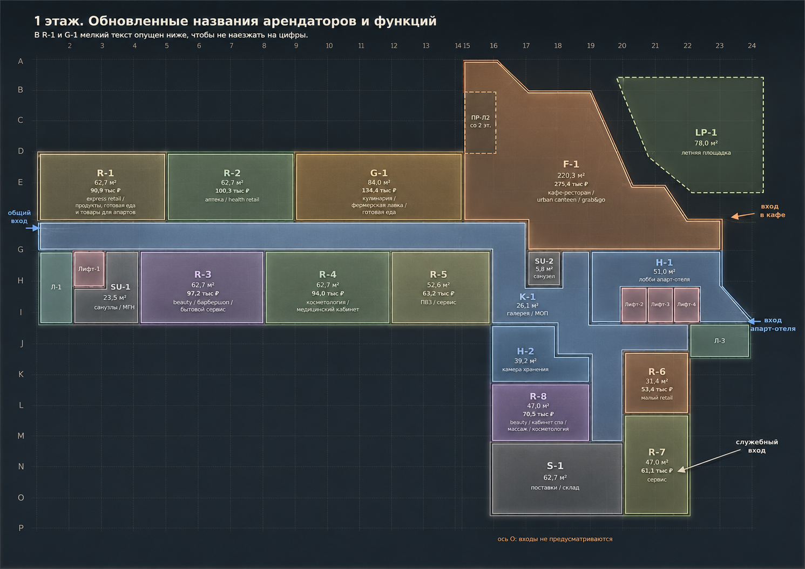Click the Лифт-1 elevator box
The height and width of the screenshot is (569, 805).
[x=89, y=269]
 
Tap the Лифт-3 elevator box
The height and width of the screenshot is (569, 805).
[x=660, y=305]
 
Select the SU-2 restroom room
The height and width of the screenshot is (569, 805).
[x=544, y=269]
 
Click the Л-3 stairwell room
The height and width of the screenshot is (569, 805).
[x=720, y=341]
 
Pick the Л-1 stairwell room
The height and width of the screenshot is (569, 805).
[x=56, y=287]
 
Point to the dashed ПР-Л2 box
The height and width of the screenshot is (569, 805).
[x=480, y=122]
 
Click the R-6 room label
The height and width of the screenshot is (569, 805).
[x=657, y=372]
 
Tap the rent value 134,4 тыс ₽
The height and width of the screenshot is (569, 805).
[x=379, y=190]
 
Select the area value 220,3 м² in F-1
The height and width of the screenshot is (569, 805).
[x=571, y=175]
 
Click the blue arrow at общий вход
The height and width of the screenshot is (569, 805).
[x=33, y=228]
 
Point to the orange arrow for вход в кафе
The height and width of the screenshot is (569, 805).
[x=743, y=216]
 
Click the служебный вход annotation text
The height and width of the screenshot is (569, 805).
[x=756, y=446]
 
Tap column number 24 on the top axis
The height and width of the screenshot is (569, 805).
[x=752, y=46]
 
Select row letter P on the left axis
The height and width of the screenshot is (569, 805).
[x=21, y=527]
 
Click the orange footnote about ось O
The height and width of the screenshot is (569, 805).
[x=555, y=539]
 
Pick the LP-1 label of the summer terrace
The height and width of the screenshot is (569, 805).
[x=706, y=133]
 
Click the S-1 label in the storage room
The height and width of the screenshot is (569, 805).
[x=555, y=466]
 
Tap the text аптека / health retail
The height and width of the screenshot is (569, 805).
[x=232, y=200]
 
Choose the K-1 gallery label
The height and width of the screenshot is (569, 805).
[x=527, y=297]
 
